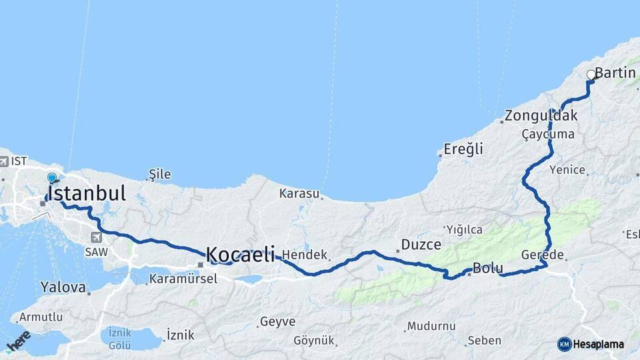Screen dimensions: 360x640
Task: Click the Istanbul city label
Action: pos(87,194)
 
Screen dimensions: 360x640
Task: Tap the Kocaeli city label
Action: pos(240,254)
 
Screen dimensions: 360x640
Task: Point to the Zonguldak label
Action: pos(541,115)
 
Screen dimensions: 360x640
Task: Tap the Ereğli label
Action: pos(464,149)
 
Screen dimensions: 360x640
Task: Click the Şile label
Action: pos(159,175)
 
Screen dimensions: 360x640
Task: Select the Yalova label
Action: pos(63,288)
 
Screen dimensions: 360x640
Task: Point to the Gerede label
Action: pos(543,255)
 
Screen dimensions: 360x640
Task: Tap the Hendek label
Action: pos(305,255)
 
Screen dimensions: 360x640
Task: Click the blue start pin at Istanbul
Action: pos(52,178)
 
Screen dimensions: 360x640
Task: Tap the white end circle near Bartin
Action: pos(591,75)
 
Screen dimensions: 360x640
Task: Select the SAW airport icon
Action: pos(97,238)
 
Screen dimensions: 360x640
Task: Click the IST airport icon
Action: pos(4,162)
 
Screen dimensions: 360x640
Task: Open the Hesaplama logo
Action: pos(591,344)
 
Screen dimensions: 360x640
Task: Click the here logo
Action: pos(18,341)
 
